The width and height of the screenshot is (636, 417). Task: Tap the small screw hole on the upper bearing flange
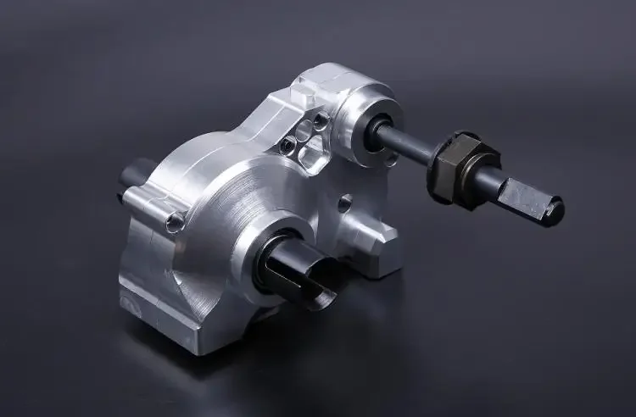(x=391, y=157)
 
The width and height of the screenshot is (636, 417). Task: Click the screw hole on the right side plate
(x=344, y=203)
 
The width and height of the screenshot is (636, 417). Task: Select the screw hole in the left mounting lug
(x=175, y=223)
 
